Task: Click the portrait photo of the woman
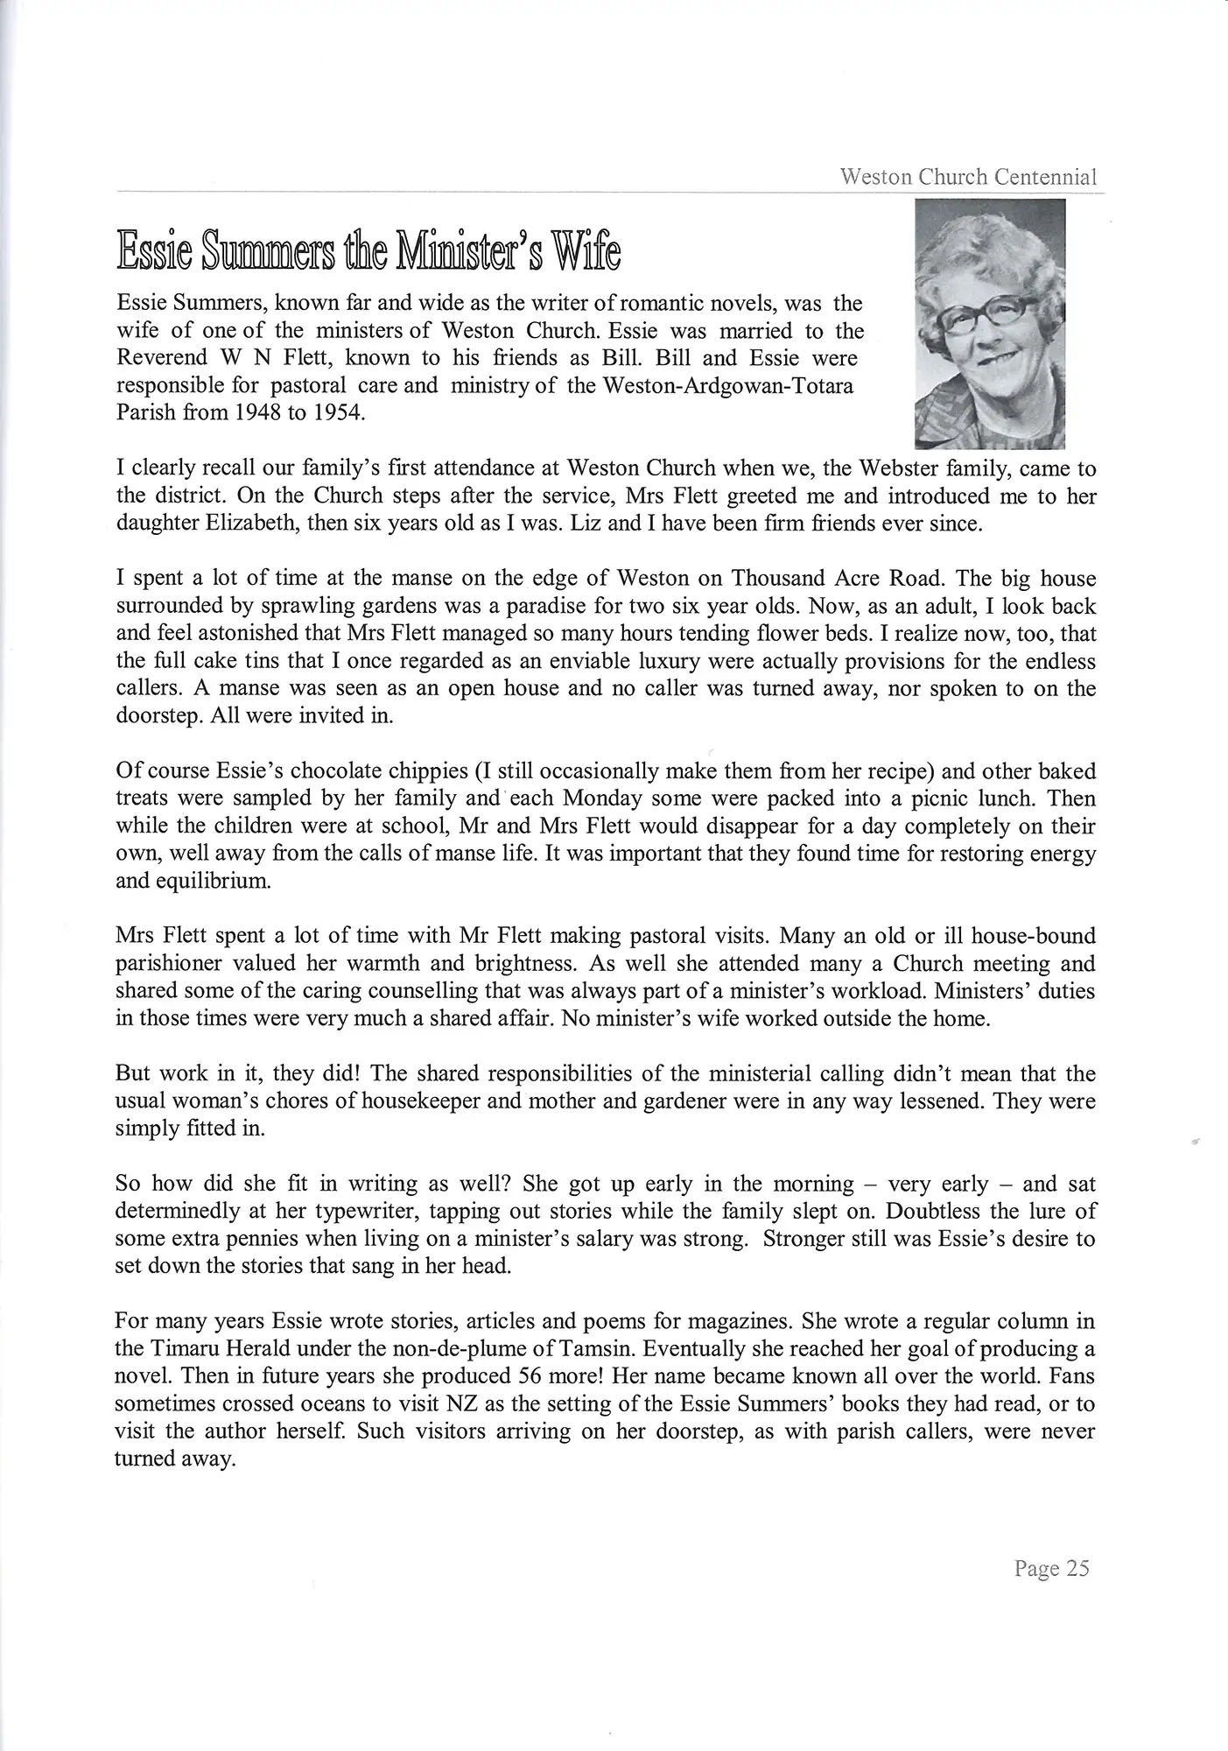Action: [988, 324]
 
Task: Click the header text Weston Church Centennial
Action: [968, 177]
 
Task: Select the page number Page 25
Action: [1051, 1568]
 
